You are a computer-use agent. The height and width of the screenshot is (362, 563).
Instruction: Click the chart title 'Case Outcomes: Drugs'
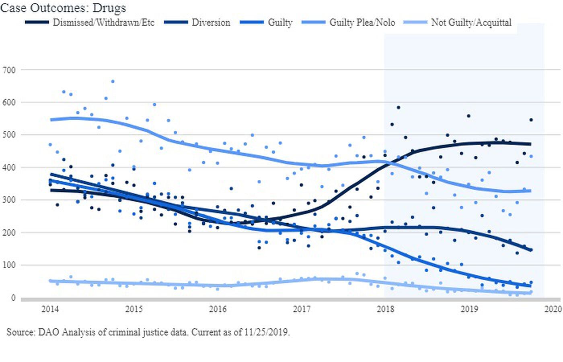pos(63,8)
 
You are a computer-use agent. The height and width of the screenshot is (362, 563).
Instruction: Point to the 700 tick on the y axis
pos(9,70)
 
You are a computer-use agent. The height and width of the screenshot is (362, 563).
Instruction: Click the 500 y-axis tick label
pos(9,135)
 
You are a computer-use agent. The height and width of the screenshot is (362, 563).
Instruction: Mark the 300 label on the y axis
pos(9,200)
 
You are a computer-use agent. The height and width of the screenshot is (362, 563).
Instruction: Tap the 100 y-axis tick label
pos(9,265)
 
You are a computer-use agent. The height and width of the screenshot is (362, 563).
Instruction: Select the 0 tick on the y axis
pos(13,298)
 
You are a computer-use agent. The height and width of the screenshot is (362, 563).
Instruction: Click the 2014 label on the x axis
pos(50,309)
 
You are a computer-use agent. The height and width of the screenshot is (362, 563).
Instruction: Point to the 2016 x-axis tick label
pos(218,309)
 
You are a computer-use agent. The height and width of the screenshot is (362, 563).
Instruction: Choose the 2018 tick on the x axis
pos(385,309)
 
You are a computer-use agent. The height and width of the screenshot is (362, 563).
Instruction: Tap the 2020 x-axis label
pos(553,309)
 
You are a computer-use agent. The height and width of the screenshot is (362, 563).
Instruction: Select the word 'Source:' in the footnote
pos(21,333)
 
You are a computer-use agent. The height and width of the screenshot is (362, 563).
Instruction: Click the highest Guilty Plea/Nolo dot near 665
pos(113,81)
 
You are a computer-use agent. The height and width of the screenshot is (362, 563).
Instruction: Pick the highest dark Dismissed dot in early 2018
pos(398,107)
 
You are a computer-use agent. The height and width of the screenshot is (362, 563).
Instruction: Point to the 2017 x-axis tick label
pos(302,309)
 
